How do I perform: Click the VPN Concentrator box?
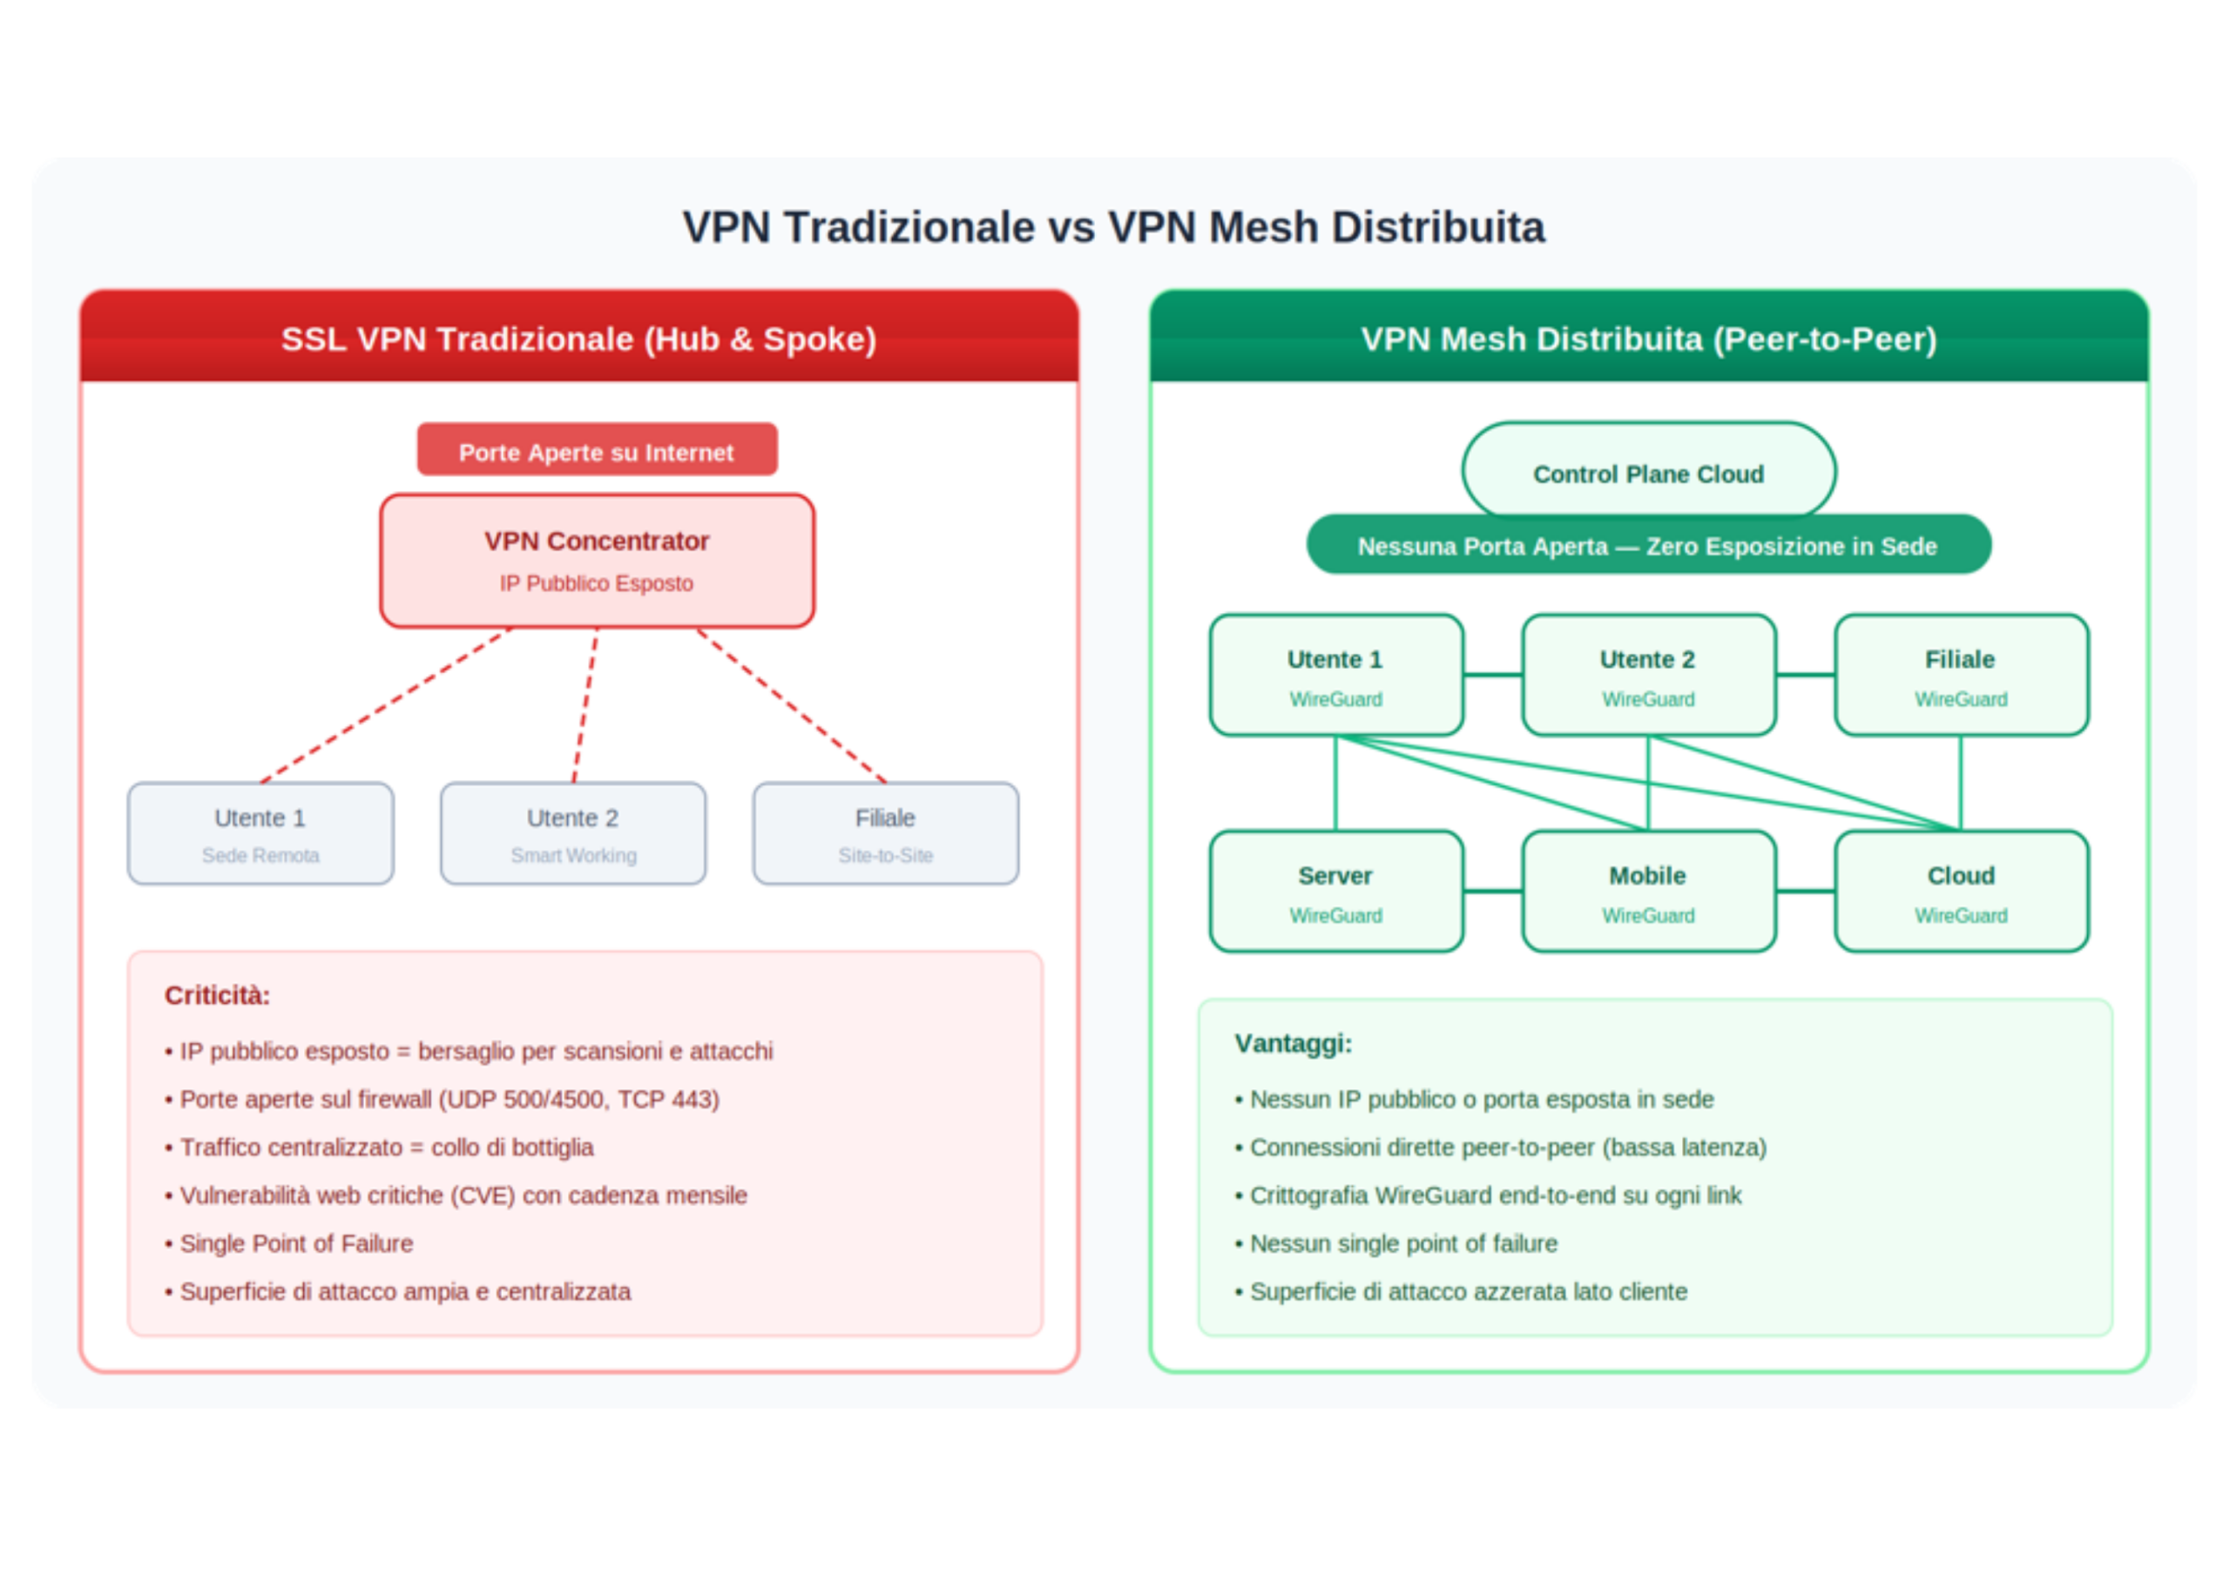coord(597,560)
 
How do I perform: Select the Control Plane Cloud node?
coord(1648,471)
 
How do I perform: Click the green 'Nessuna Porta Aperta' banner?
coord(1648,546)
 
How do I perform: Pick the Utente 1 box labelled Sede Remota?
coord(260,833)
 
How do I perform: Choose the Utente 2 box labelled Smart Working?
coord(573,833)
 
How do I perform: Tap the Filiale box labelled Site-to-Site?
coord(886,833)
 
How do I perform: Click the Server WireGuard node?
coord(1335,892)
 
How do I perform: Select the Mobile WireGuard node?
coord(1648,892)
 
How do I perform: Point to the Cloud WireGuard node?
coord(1961,892)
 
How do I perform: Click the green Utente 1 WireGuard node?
coord(1335,675)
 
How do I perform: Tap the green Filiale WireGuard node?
coord(1961,675)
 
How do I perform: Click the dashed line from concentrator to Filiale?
coord(792,706)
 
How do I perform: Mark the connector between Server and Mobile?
coord(1493,892)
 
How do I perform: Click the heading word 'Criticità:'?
coord(218,995)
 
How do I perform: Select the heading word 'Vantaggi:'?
coord(1293,1044)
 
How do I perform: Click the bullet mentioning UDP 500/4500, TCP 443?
coord(449,1099)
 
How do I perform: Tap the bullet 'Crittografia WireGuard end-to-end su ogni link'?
coord(1495,1195)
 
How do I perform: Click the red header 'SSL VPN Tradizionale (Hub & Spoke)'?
coord(579,339)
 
